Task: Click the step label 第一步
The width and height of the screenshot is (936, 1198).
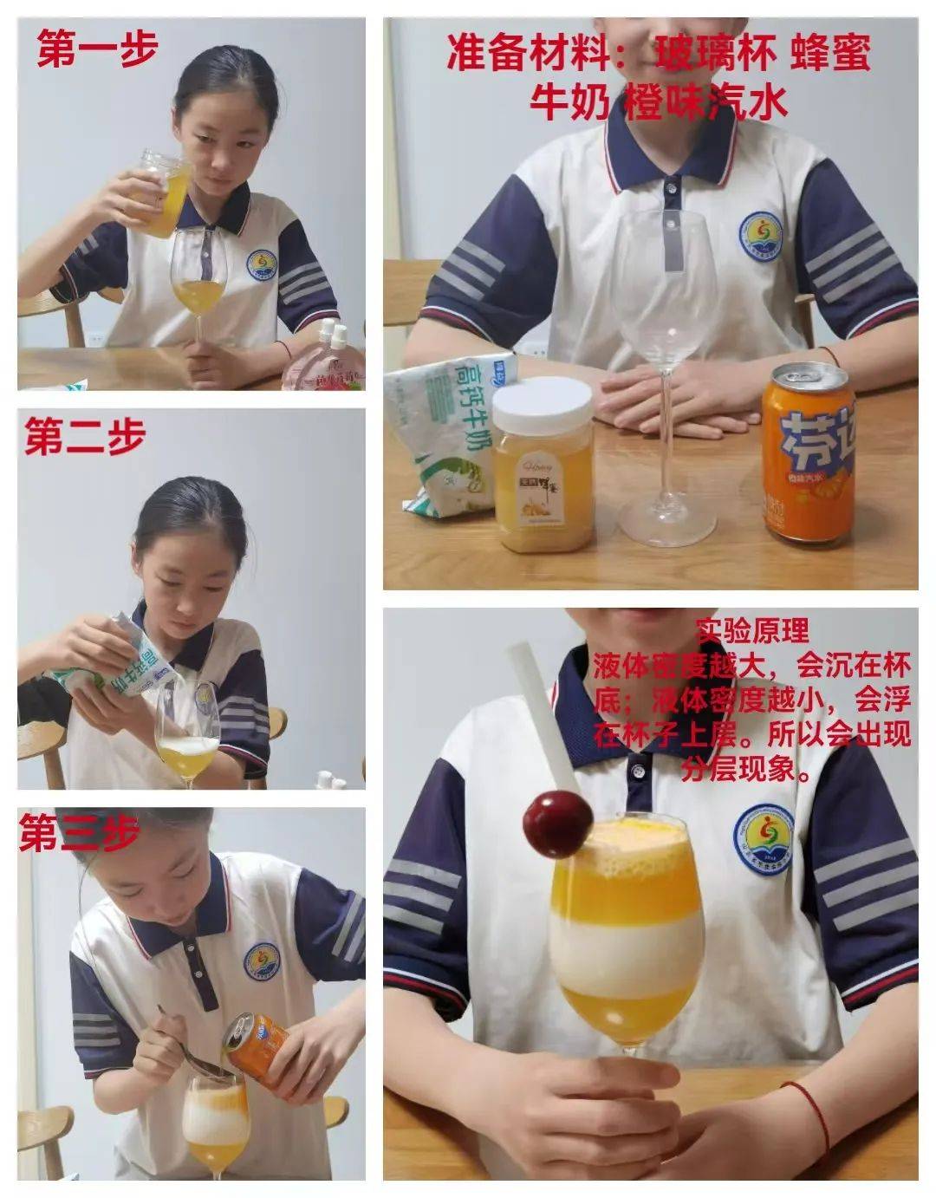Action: pyautogui.click(x=97, y=50)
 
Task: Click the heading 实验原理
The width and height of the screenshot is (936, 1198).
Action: pyautogui.click(x=752, y=630)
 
